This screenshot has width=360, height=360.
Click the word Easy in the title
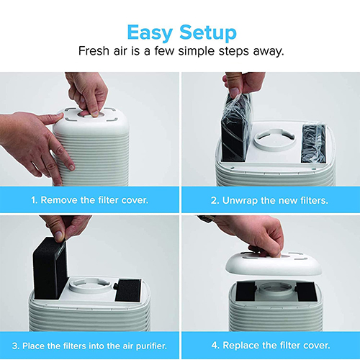(x=150, y=32)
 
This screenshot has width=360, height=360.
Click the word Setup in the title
(x=208, y=32)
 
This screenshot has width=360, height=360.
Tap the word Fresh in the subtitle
(x=94, y=51)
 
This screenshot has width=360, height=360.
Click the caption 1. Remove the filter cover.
(x=89, y=200)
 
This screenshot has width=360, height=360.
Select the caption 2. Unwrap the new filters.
(x=269, y=200)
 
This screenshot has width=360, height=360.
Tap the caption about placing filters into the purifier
(x=89, y=346)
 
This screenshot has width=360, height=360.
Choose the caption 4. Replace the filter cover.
(x=271, y=346)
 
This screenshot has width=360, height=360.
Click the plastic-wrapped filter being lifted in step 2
(x=236, y=127)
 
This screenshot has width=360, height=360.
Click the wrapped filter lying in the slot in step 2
(x=313, y=143)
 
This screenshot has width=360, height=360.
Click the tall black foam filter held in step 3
(x=50, y=268)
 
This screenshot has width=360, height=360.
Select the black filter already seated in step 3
(x=128, y=290)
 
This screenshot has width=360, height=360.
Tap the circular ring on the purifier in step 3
(x=90, y=285)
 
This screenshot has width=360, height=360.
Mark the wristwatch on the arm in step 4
(x=207, y=218)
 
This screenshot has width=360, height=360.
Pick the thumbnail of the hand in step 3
(x=58, y=235)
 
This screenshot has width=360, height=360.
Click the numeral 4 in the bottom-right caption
(x=215, y=346)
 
